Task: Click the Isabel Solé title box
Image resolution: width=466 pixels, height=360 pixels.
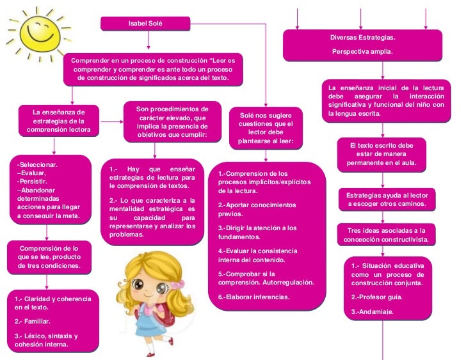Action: [x=146, y=24]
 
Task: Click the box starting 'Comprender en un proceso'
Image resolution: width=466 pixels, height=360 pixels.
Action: [x=152, y=69]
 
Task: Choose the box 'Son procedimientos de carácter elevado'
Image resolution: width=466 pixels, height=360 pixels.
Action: [x=172, y=122]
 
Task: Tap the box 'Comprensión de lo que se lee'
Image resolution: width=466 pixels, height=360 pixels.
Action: [x=49, y=256]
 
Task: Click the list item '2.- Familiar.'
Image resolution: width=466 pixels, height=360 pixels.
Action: [x=33, y=321]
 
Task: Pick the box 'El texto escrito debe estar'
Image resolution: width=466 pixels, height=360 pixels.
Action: [x=382, y=154]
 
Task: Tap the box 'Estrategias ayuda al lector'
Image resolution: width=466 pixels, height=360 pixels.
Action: [x=387, y=199]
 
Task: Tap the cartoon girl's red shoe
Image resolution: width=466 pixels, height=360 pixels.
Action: [x=151, y=353]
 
